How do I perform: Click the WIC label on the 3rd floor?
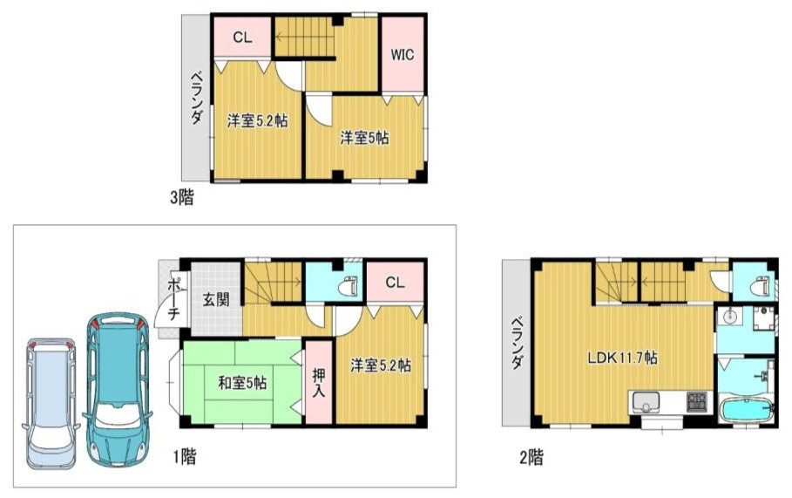tap(402, 54)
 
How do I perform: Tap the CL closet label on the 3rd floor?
tap(242, 38)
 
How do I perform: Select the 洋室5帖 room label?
tap(364, 138)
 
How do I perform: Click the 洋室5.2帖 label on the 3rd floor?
tap(258, 121)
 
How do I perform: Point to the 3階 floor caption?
tap(182, 197)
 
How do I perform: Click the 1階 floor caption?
tap(185, 457)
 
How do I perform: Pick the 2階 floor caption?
tap(531, 458)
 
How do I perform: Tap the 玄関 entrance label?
tap(216, 299)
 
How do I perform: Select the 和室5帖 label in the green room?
tap(242, 383)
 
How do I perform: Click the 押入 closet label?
tap(319, 383)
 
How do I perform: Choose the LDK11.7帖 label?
tap(622, 358)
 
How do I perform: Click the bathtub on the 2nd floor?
tap(746, 410)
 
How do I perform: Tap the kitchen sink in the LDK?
tap(646, 403)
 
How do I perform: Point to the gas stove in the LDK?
tap(698, 402)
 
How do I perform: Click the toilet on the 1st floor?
tap(350, 286)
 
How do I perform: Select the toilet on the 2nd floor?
tap(759, 287)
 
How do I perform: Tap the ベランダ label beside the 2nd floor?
tap(516, 343)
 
